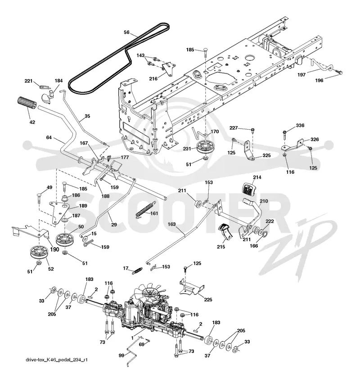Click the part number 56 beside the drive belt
click(126, 32)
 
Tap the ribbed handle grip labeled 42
click(27, 103)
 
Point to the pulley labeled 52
click(39, 253)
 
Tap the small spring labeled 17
click(137, 270)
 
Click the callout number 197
click(301, 75)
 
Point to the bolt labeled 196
click(338, 72)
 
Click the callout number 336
click(300, 125)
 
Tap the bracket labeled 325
click(248, 150)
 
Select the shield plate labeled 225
click(192, 288)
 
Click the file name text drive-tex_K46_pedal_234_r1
click(57, 360)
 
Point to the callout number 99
click(121, 355)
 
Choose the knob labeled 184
click(47, 95)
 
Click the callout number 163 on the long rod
click(171, 224)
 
